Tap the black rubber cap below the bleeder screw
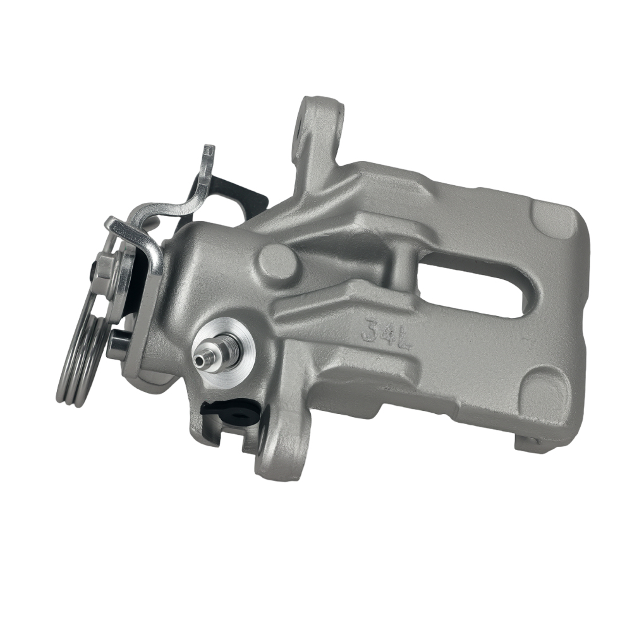point(228,413)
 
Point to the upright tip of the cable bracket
point(207,155)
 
